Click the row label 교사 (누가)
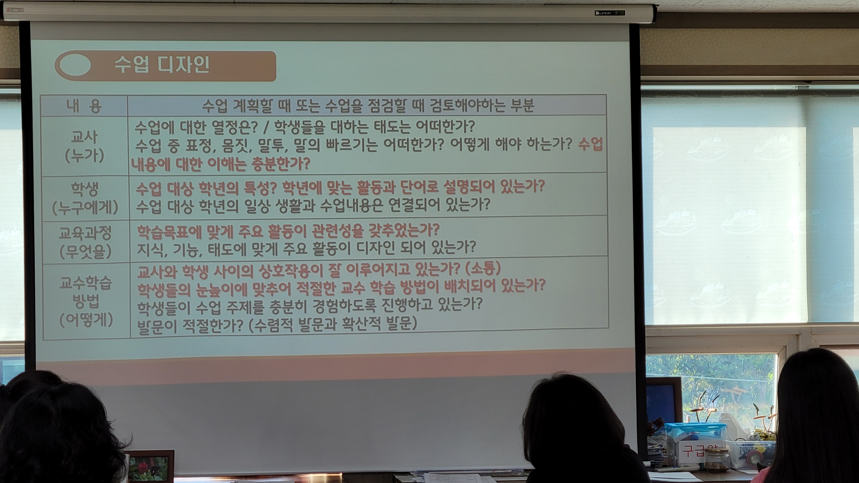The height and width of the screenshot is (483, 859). (84, 146)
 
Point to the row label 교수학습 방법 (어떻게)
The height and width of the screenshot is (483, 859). (86, 301)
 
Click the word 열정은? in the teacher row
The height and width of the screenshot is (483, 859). (239, 126)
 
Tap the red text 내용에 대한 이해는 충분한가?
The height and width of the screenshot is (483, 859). (221, 164)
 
